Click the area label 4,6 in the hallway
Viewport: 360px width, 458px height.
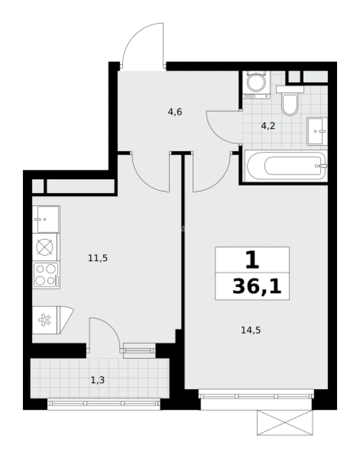pyautogui.click(x=175, y=112)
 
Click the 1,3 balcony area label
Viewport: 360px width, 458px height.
pyautogui.click(x=98, y=380)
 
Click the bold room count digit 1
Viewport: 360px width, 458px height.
pyautogui.click(x=252, y=260)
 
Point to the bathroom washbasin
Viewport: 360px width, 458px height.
pyautogui.click(x=317, y=131)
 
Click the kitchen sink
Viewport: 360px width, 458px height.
pyautogui.click(x=46, y=219)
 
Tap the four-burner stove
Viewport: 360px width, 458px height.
pyautogui.click(x=46, y=274)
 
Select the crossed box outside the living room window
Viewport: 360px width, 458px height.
pyautogui.click(x=284, y=423)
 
